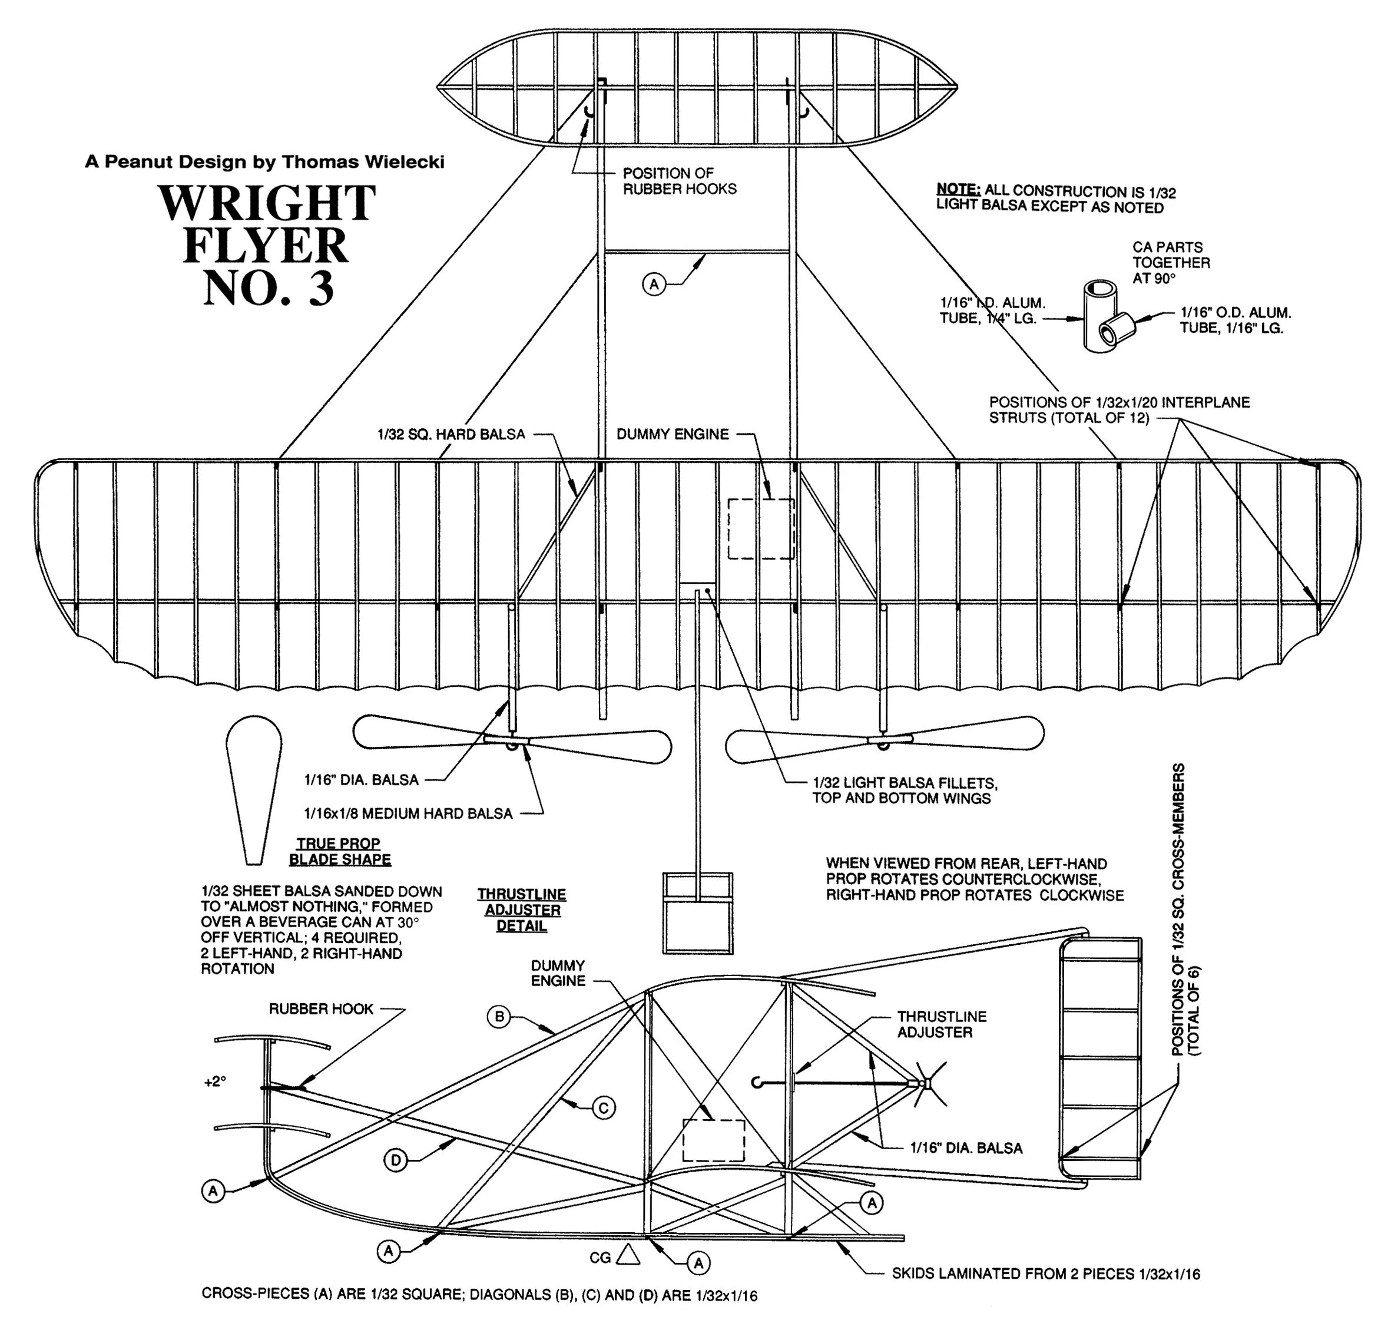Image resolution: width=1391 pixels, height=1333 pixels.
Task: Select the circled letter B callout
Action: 499,1017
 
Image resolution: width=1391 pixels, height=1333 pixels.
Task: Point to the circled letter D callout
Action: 395,1160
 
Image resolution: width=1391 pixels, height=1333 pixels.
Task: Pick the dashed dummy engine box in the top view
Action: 761,528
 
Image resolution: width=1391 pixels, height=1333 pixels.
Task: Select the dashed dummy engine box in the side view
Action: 713,1140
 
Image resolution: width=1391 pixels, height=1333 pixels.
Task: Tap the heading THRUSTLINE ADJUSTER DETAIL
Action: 522,910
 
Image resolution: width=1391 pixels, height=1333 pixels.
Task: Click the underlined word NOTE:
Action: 958,190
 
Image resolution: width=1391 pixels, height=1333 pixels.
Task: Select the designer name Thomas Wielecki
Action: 363,162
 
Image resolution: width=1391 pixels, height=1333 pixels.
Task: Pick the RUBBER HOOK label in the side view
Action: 321,1010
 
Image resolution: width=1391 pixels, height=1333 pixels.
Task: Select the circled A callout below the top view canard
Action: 654,285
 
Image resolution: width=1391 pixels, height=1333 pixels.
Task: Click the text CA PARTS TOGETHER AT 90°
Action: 1171,263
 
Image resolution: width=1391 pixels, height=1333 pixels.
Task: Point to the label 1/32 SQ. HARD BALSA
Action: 451,434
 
